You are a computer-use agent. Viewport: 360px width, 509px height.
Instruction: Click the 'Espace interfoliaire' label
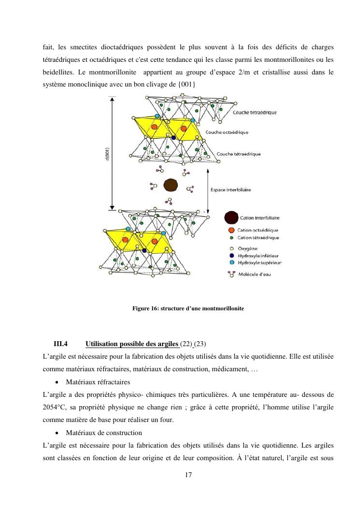230,190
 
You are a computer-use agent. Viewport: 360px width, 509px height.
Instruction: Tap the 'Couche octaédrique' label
227,132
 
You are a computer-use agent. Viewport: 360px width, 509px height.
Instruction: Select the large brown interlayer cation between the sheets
171,185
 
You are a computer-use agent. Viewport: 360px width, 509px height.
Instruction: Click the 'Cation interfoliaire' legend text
259,218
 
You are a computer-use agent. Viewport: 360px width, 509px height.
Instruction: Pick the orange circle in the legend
231,230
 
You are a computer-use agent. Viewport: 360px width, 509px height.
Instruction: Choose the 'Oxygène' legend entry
244,248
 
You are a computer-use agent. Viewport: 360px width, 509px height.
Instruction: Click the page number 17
188,475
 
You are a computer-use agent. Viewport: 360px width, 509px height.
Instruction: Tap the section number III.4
61,344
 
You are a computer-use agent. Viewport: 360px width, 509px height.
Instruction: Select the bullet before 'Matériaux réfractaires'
57,382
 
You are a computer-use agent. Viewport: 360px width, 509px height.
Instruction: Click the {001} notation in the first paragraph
187,85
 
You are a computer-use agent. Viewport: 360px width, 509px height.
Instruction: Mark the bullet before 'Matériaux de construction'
57,433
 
